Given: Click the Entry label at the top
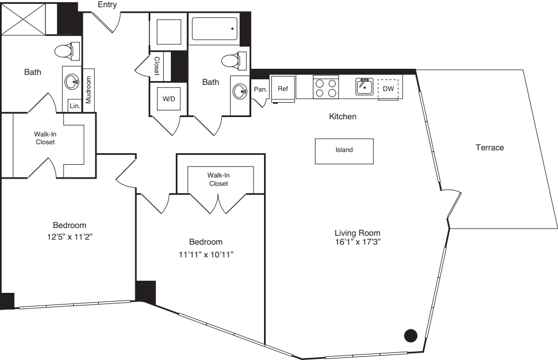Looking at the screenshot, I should pos(107,5).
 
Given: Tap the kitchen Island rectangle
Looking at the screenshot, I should pos(344,151).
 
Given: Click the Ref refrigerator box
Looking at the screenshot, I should pos(283,89).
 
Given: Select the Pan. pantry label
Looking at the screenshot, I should pos(261,89).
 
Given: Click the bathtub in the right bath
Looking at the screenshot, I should pos(215,28).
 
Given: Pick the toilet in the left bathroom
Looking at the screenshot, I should pos(66,52).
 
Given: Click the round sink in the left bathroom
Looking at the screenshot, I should pos(73,83).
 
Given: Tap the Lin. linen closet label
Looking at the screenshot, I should pos(74,105).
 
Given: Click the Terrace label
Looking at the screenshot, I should pos(490,148).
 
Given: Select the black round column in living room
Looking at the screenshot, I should pos(410,334).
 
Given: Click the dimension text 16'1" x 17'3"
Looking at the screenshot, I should pos(357,242).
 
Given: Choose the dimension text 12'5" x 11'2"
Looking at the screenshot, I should pos(69,235).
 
